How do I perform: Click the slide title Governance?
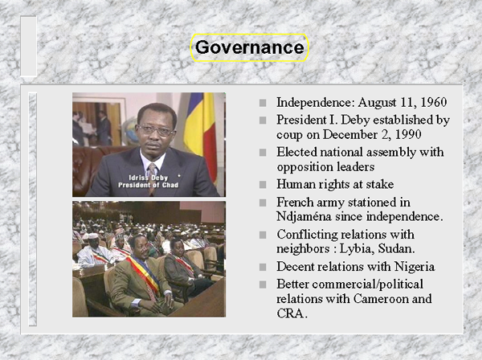(x=249, y=47)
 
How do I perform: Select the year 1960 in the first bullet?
(x=434, y=102)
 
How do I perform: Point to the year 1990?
(x=408, y=135)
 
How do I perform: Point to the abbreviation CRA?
(x=292, y=313)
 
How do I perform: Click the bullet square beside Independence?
(x=263, y=103)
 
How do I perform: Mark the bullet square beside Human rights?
(x=263, y=185)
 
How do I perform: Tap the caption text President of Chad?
(x=148, y=185)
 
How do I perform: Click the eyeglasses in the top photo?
(x=156, y=129)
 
